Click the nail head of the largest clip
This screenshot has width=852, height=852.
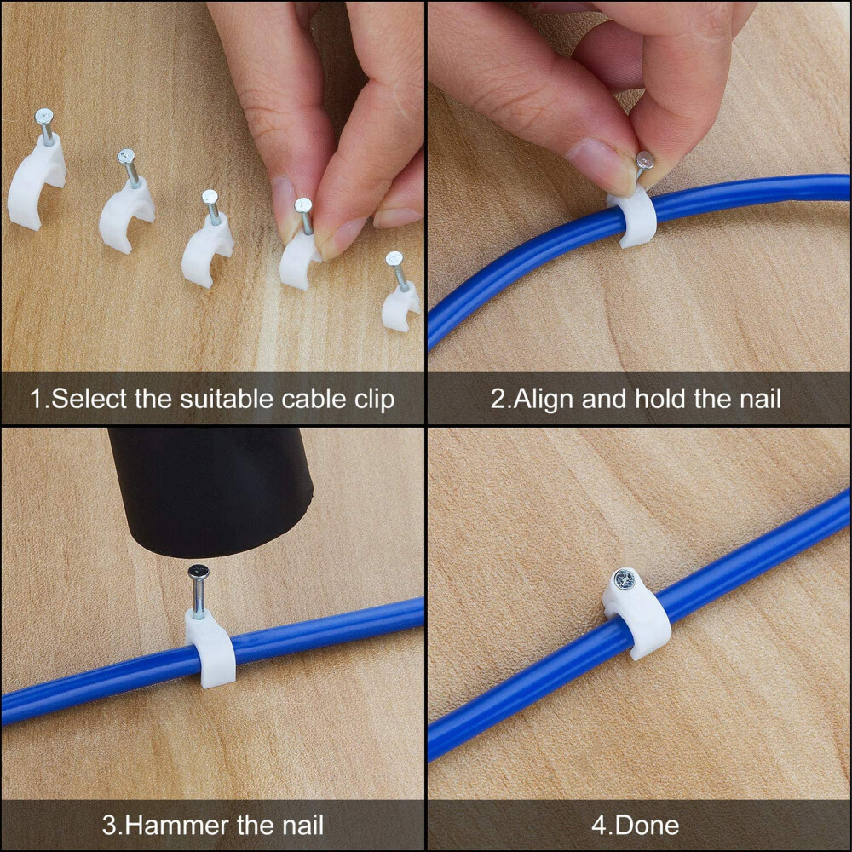click(x=43, y=115)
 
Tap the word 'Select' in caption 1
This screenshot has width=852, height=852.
click(x=90, y=399)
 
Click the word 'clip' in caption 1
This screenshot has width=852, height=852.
click(x=372, y=399)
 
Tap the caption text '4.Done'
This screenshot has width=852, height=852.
click(x=636, y=825)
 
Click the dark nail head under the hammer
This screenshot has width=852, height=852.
click(x=198, y=573)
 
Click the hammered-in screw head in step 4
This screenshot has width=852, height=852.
click(x=623, y=580)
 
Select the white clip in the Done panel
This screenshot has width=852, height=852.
click(x=641, y=618)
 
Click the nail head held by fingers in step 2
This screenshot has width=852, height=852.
click(x=646, y=159)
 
